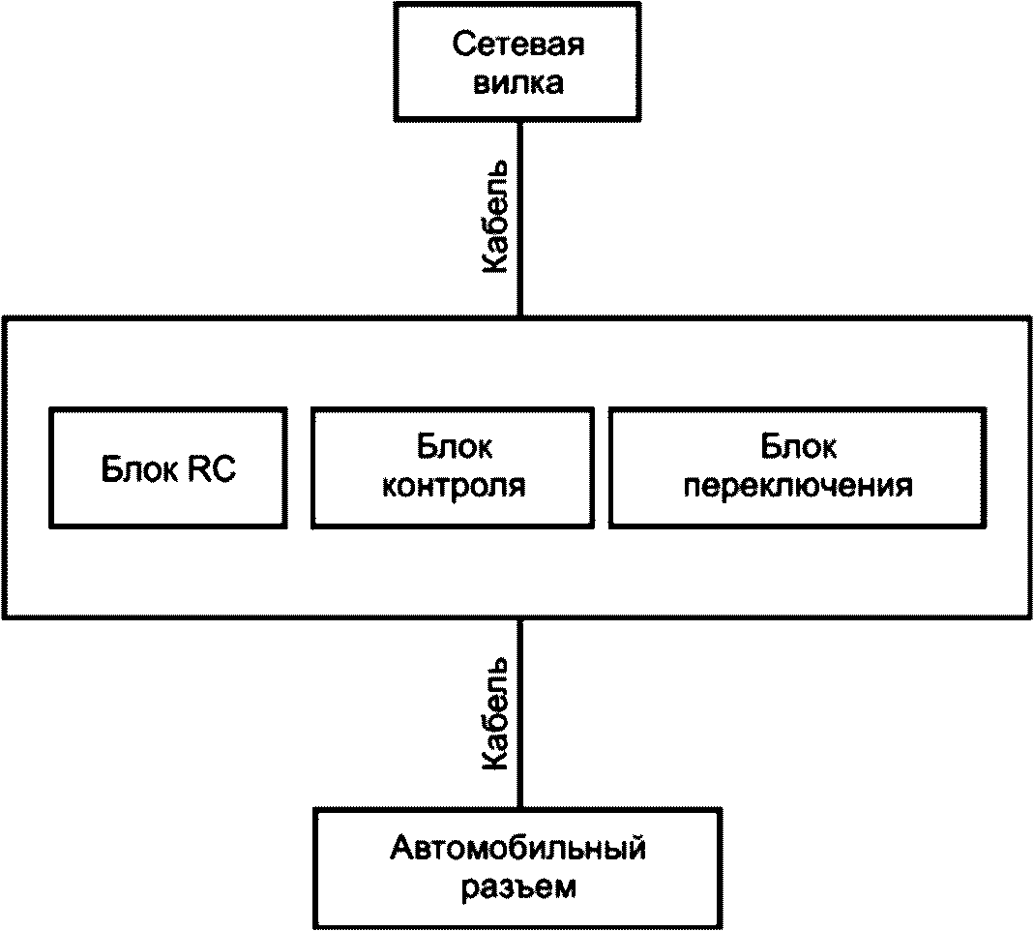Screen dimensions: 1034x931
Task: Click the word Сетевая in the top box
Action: (x=517, y=45)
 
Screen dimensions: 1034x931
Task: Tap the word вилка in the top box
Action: (x=518, y=83)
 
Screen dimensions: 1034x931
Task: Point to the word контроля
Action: (x=454, y=486)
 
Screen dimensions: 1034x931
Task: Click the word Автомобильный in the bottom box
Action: (x=517, y=849)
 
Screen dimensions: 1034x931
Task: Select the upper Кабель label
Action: (x=495, y=217)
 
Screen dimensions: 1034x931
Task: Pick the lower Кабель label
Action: (x=495, y=714)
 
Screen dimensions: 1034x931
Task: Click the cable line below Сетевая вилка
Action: (x=519, y=219)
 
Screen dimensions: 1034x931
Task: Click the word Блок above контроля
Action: (x=455, y=447)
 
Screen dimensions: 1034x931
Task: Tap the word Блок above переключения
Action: (x=799, y=447)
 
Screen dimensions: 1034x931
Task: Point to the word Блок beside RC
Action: (x=141, y=469)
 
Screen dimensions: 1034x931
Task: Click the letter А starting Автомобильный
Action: (x=401, y=849)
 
